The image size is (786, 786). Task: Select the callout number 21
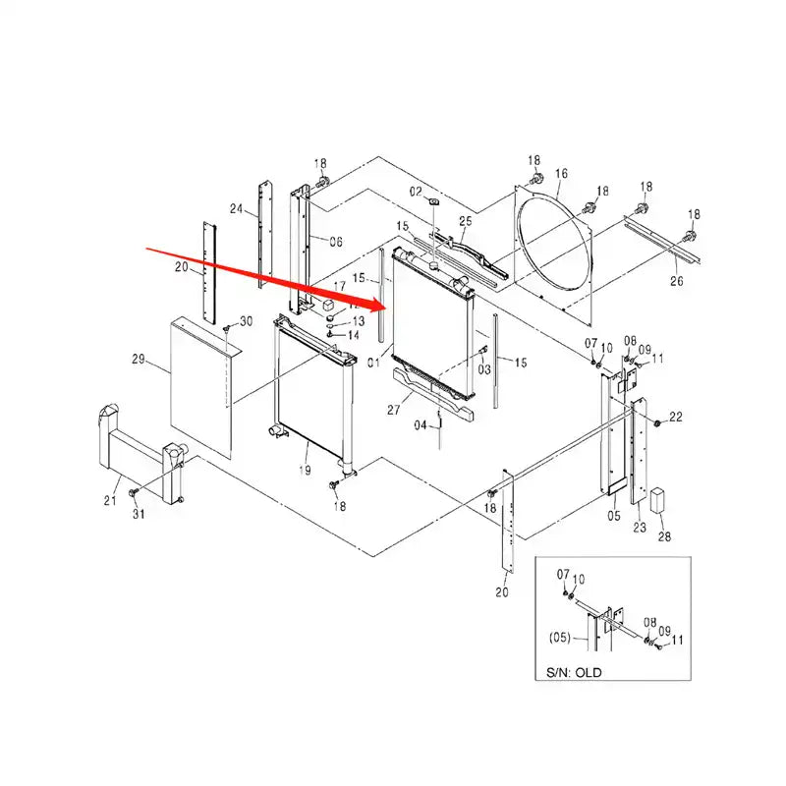pyautogui.click(x=110, y=503)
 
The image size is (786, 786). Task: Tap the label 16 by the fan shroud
pyautogui.click(x=561, y=174)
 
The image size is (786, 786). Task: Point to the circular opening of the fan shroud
pyautogui.click(x=555, y=246)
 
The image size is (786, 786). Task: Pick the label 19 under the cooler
pyautogui.click(x=305, y=472)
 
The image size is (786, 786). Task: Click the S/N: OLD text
pyautogui.click(x=574, y=673)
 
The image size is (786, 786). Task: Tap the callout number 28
pyautogui.click(x=664, y=536)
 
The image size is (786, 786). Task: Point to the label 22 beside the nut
pyautogui.click(x=676, y=419)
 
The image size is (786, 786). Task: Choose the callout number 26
pyautogui.click(x=676, y=283)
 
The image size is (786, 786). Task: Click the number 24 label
pyautogui.click(x=236, y=208)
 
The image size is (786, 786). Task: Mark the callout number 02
pyautogui.click(x=416, y=191)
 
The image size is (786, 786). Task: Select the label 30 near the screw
pyautogui.click(x=246, y=321)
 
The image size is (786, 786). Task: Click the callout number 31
pyautogui.click(x=138, y=514)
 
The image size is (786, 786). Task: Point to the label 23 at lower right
pyautogui.click(x=640, y=528)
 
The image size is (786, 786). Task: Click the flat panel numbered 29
pyautogui.click(x=201, y=383)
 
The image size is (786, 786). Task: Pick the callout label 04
pyautogui.click(x=420, y=425)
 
